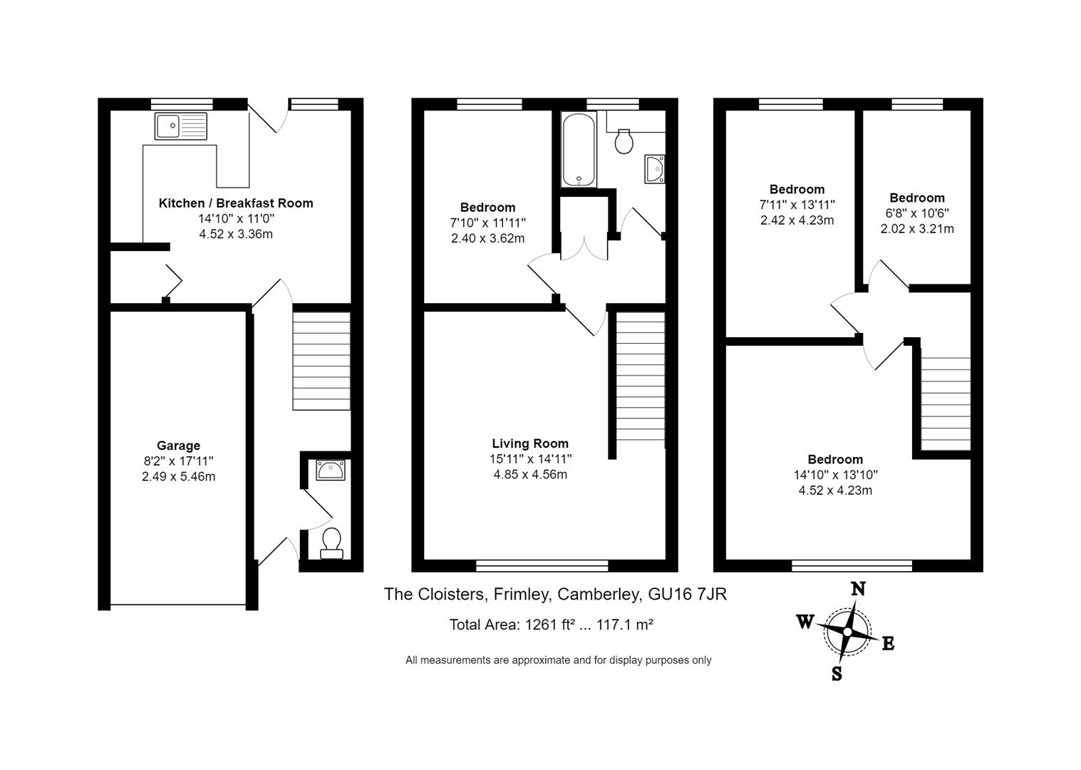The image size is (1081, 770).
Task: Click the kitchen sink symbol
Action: [x=180, y=126]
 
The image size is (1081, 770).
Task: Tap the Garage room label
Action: [x=178, y=446]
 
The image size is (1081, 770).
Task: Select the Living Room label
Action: [x=530, y=443]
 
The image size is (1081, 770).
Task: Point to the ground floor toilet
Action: [x=331, y=543]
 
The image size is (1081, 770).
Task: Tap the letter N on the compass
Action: [x=859, y=589]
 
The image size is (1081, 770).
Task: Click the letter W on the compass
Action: [x=805, y=622]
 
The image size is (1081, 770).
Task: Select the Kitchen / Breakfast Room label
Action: [x=235, y=203]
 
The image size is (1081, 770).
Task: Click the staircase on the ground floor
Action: [x=321, y=361]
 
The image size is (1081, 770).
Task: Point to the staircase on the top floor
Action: [x=946, y=403]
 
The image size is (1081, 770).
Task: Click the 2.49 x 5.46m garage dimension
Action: [x=178, y=476]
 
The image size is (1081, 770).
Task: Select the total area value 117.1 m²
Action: [x=625, y=625]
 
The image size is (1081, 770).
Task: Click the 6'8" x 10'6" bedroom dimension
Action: [x=916, y=213]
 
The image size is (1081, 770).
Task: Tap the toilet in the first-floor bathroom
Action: [x=624, y=141]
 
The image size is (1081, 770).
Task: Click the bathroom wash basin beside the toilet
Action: [x=654, y=169]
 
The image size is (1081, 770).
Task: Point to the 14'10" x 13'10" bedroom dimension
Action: [x=835, y=475]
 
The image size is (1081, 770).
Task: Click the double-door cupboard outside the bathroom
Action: [x=584, y=228]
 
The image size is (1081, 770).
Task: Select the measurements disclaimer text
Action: [x=558, y=660]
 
